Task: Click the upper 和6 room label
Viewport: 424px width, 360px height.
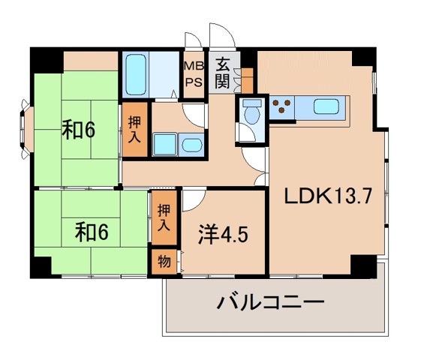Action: pos(77,130)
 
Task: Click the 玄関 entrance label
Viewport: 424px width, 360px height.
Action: pos(222,72)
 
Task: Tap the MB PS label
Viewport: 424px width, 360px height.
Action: pos(194,73)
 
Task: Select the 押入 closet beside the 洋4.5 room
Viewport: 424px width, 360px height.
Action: pos(164,218)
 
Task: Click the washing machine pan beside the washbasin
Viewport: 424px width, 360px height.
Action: pos(164,143)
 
